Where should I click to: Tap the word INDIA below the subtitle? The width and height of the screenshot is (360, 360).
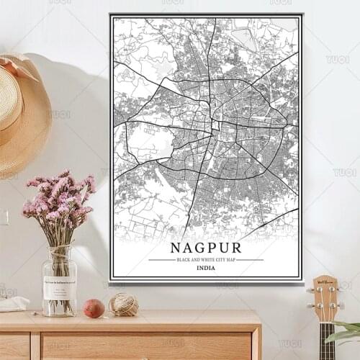[x=205, y=269]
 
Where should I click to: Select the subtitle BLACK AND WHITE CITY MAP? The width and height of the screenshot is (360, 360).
[x=205, y=259]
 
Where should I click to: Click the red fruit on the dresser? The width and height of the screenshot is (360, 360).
[x=94, y=308]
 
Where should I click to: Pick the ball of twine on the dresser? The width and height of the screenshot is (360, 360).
[x=124, y=304]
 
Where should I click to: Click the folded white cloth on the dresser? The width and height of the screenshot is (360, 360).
[x=13, y=304]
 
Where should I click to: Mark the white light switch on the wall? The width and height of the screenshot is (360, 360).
[x=3, y=217]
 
